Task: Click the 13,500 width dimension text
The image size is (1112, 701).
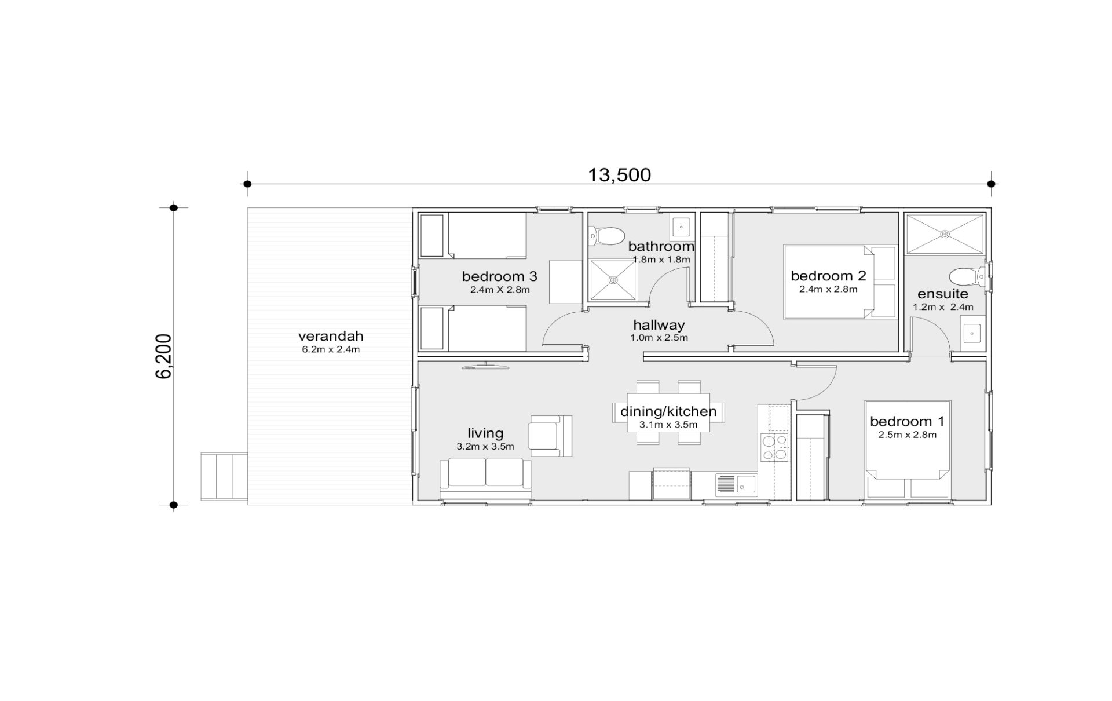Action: pos(619,174)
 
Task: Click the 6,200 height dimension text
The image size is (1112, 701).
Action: pos(164,356)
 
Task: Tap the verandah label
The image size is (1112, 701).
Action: pos(331,336)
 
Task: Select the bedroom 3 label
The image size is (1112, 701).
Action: pos(500,276)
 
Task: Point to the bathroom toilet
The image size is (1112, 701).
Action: pos(604,236)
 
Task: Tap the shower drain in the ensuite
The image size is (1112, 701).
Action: pos(945,233)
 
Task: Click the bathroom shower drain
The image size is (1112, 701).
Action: pos(613,280)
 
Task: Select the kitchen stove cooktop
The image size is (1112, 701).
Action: pos(774,448)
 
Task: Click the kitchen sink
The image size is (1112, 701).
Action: pos(736,484)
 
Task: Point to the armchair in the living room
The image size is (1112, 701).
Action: pos(550,436)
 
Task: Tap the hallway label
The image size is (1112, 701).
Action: pos(659,325)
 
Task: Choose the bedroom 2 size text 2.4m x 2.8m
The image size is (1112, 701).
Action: pos(828,289)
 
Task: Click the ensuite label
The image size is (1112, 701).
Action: pos(943,294)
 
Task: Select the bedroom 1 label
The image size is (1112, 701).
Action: pos(907,421)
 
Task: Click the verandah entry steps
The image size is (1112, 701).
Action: pos(224,476)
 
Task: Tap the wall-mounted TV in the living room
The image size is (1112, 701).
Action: pos(485,366)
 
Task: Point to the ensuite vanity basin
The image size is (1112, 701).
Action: pos(972,334)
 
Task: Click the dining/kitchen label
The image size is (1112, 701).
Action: pos(668,411)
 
